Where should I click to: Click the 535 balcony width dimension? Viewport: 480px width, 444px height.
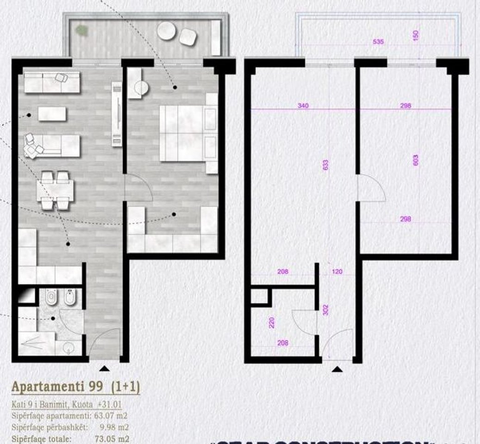(x=378, y=42)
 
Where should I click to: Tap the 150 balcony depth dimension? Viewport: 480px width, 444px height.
(x=416, y=35)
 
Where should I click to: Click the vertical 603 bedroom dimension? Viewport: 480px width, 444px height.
(x=416, y=160)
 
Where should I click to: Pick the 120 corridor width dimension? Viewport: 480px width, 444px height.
(x=337, y=271)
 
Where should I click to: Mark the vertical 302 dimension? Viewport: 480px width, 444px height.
(x=325, y=309)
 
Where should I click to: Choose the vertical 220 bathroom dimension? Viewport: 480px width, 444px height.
(x=272, y=321)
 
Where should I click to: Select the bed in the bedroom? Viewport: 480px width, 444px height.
(x=187, y=133)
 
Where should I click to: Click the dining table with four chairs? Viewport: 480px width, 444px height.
(x=56, y=190)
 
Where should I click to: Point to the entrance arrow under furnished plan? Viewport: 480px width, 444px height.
(x=105, y=368)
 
